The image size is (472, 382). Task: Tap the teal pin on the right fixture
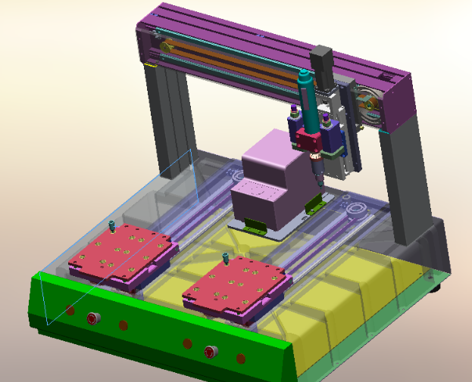(226, 259)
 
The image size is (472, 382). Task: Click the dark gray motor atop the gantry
(321, 60)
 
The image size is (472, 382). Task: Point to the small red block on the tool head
(310, 139)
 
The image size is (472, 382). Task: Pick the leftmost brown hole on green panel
(70, 310)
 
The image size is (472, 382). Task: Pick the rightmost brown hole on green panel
(241, 358)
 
